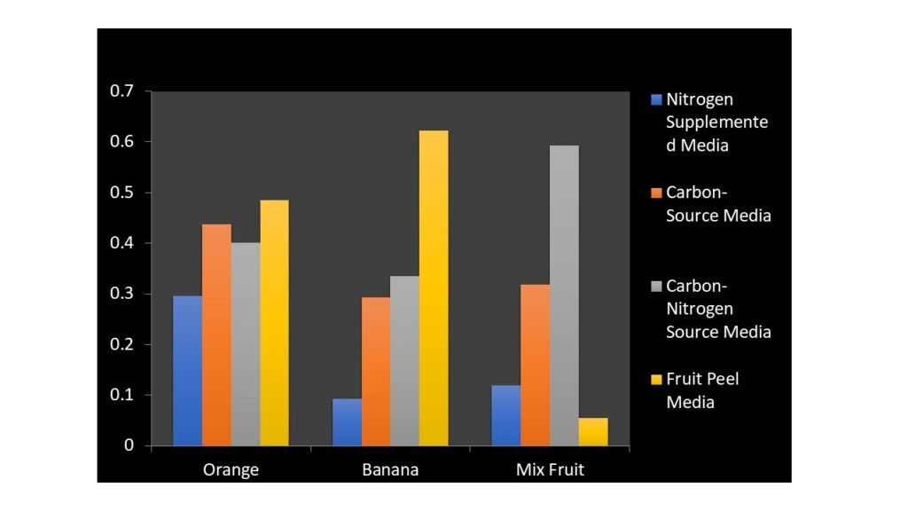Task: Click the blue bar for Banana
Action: click(x=347, y=422)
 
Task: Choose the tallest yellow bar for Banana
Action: click(x=434, y=287)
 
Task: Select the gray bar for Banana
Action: click(x=404, y=360)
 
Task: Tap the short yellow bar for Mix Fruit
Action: click(x=593, y=431)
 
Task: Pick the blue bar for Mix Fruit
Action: click(x=506, y=415)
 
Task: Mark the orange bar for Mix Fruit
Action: click(x=535, y=365)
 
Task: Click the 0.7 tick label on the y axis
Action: click(x=121, y=90)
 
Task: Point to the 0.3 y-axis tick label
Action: click(x=121, y=294)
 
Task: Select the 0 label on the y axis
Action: click(x=129, y=445)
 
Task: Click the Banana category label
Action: click(x=390, y=469)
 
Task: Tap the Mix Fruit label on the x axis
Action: click(x=550, y=469)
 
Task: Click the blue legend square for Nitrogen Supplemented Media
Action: click(x=656, y=98)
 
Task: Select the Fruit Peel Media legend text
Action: click(x=702, y=390)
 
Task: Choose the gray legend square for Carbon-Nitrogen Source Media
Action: click(x=656, y=286)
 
